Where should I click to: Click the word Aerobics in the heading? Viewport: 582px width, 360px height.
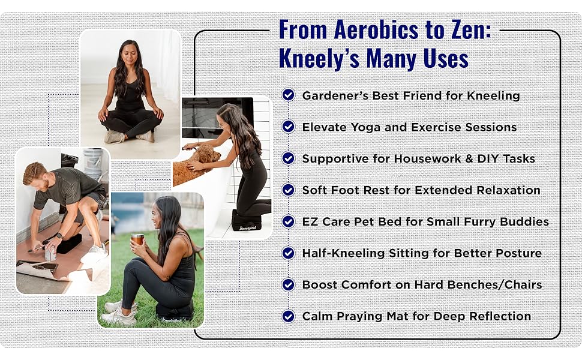point(376,29)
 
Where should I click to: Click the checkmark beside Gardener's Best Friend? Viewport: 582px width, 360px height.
point(288,95)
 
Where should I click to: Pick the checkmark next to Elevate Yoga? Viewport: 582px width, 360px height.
point(288,127)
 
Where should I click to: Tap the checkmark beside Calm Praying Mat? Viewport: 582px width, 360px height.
point(288,316)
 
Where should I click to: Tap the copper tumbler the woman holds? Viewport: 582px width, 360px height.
point(137,239)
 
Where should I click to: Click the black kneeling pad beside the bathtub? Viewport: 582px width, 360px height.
point(247,220)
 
